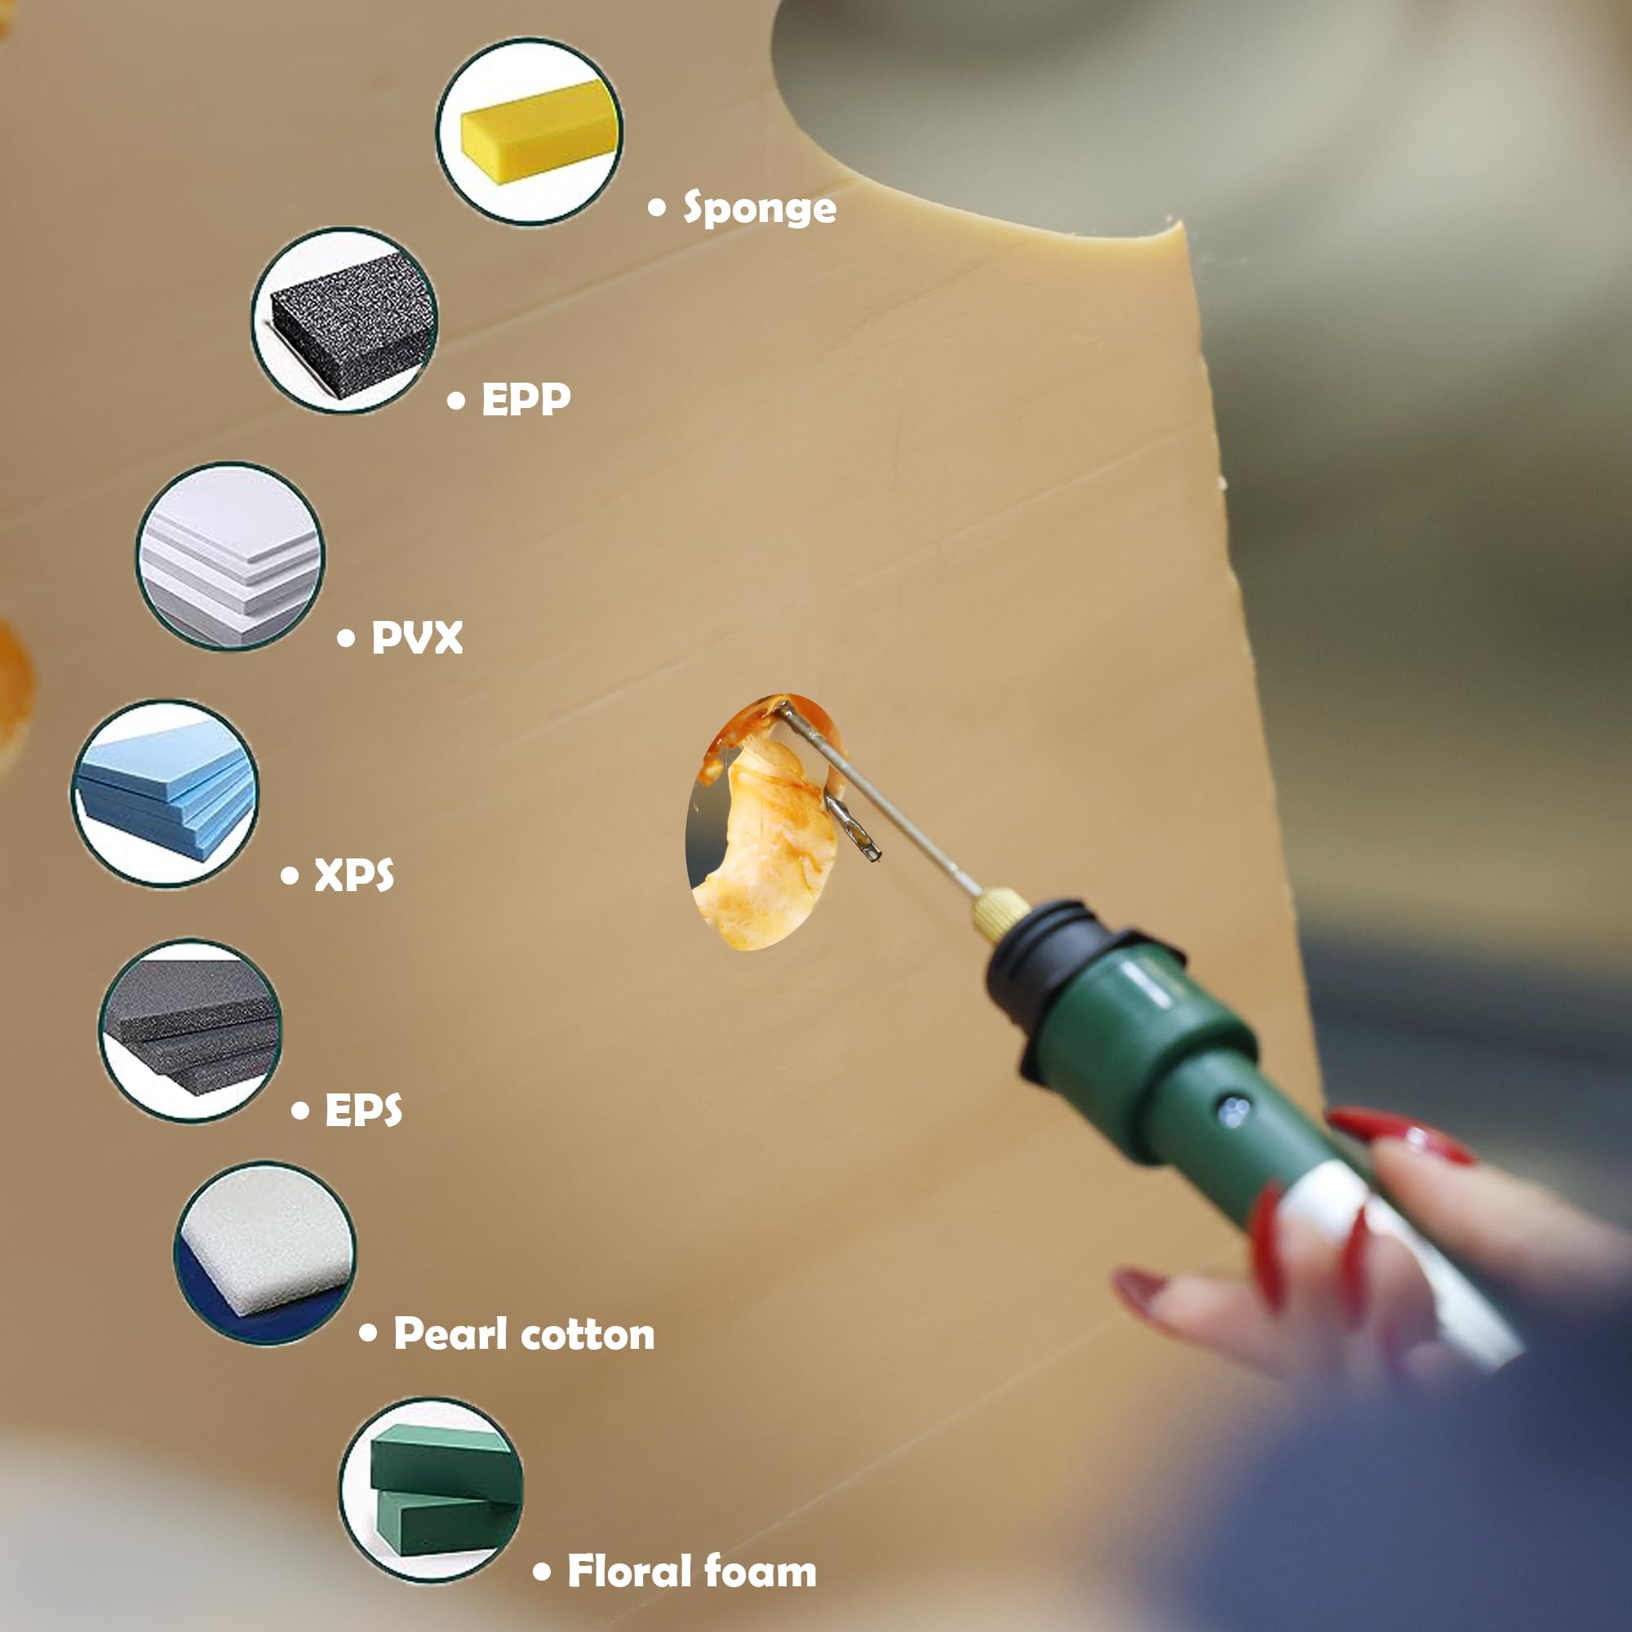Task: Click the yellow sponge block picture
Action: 530,131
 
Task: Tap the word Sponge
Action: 760,209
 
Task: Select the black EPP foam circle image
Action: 344,320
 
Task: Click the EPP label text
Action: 526,399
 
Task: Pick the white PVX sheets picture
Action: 230,556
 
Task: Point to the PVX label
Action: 417,637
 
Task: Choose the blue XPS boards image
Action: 165,793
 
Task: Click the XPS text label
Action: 354,874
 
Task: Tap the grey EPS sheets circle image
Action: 190,1031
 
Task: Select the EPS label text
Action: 363,1110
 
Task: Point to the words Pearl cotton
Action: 524,1334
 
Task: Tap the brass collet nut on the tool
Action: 1000,914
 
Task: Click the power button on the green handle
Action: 1234,1110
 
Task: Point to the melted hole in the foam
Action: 765,822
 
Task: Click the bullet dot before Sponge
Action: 657,207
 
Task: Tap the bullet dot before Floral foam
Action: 543,1572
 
